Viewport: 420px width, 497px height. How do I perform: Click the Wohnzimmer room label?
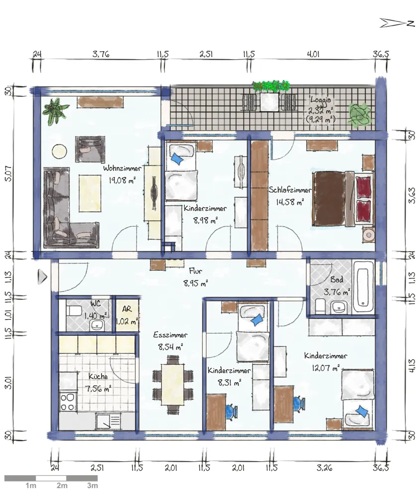click(x=122, y=168)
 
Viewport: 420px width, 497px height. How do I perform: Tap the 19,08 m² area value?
click(x=122, y=180)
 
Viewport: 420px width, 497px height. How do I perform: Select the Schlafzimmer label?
click(x=290, y=190)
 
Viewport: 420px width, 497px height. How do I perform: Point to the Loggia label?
click(x=321, y=99)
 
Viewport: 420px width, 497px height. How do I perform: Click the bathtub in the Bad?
click(x=363, y=287)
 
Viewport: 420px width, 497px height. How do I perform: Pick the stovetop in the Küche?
click(x=68, y=402)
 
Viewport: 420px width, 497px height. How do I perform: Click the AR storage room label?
click(x=127, y=309)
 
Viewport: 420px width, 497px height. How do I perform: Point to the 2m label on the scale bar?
click(x=62, y=485)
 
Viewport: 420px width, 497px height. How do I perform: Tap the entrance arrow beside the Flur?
click(x=42, y=277)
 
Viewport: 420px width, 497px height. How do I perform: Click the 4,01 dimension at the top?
click(x=313, y=54)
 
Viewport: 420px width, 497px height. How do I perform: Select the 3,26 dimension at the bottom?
click(x=324, y=468)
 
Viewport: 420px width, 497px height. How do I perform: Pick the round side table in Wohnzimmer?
click(x=59, y=151)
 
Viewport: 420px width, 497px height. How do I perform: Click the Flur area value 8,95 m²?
click(x=195, y=283)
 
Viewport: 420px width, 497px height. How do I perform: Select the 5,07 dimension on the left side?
click(x=8, y=173)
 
